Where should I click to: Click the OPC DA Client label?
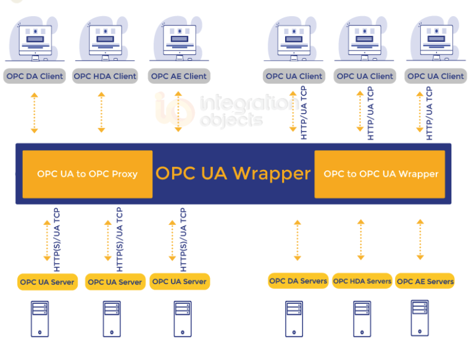point(35,77)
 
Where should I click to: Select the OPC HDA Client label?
point(105,77)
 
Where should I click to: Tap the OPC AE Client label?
point(179,77)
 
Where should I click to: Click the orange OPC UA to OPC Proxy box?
point(87,174)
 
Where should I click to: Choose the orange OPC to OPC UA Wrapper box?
point(380,174)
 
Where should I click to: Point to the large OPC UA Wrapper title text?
point(233,174)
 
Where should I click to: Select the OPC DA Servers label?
point(298,281)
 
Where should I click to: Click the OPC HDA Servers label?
point(362,281)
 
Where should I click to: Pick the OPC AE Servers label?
point(425,281)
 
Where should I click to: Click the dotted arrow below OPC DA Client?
point(35,112)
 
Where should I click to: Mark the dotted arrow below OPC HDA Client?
point(102,112)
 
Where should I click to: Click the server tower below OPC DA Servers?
point(294,319)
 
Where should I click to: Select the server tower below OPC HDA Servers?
point(362,319)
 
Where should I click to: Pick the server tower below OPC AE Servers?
point(420,317)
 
